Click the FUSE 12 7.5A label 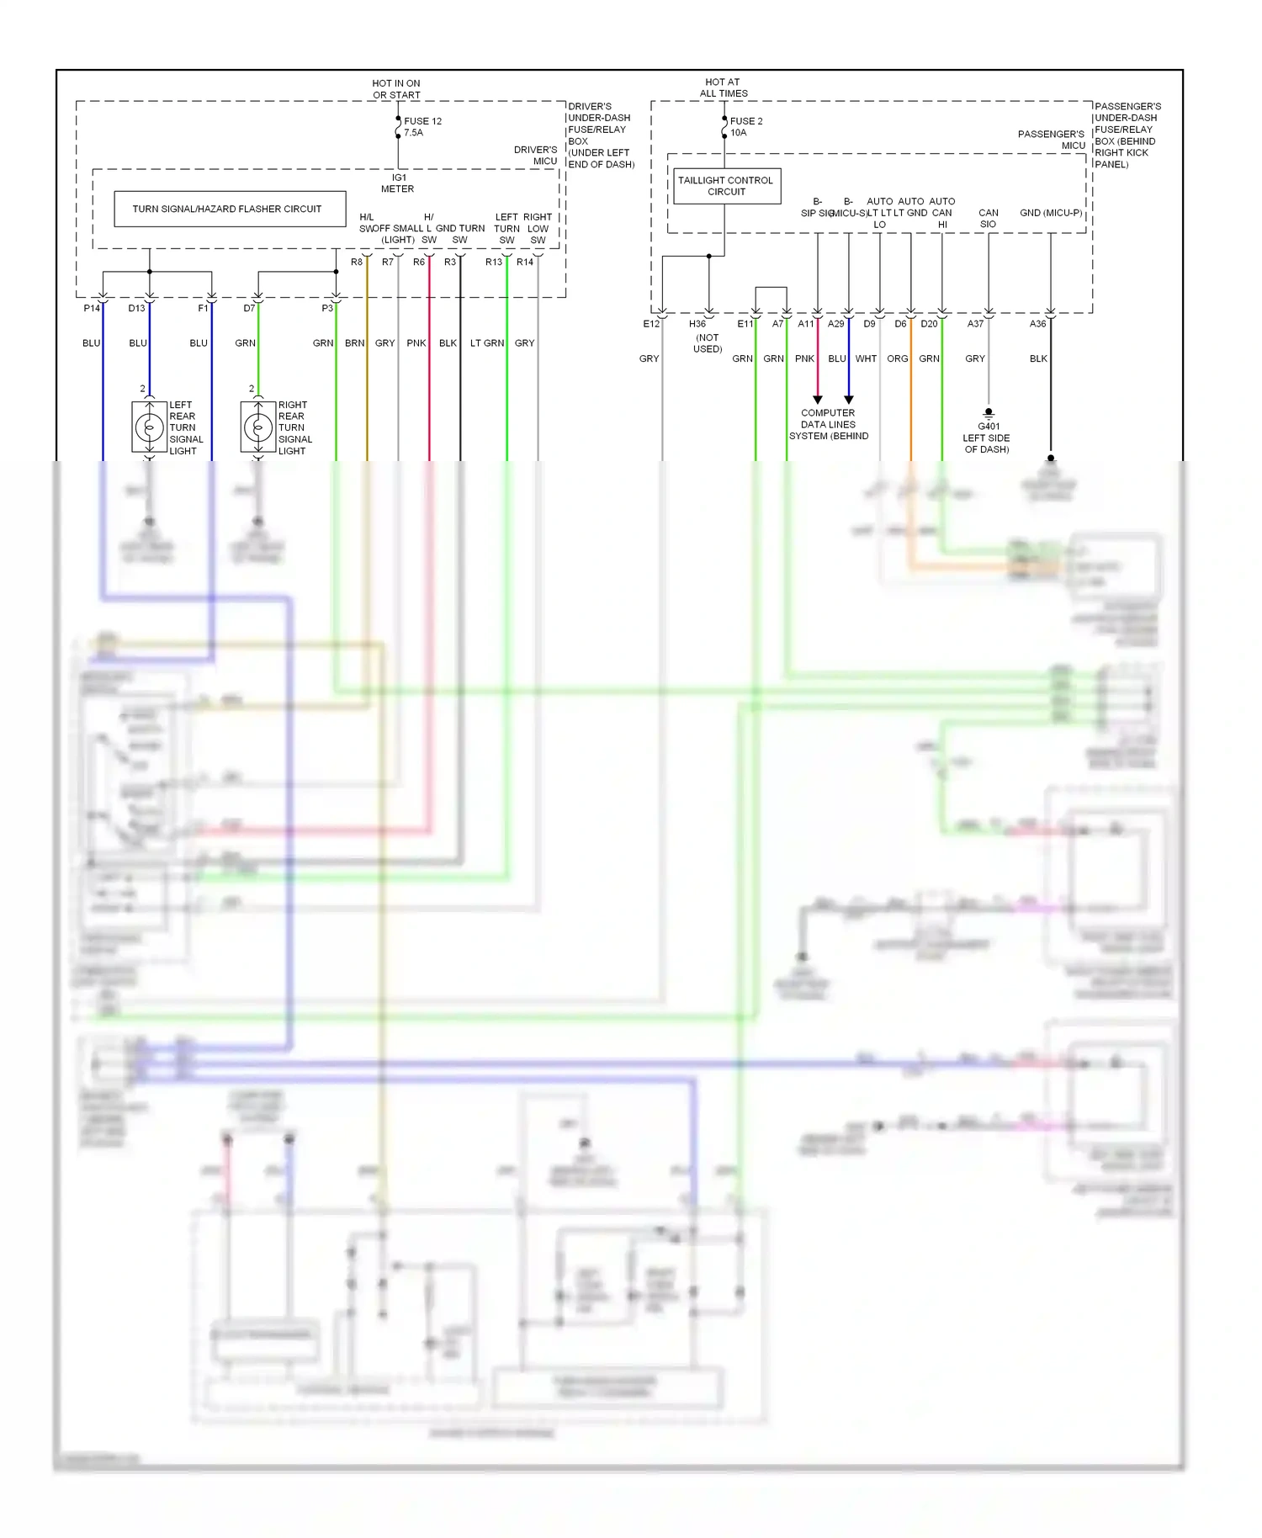click(x=422, y=126)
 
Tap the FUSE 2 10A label click(x=745, y=126)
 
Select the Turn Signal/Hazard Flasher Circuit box click(x=230, y=209)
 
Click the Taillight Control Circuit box click(x=726, y=186)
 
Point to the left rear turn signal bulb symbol click(x=150, y=427)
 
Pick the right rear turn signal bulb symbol click(x=258, y=427)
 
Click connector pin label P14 click(x=92, y=308)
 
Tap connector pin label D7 click(x=249, y=308)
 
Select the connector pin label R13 click(x=493, y=262)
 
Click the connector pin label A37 click(x=975, y=324)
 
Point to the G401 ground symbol click(x=989, y=413)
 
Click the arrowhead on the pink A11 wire click(x=817, y=400)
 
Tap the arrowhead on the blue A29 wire click(x=848, y=400)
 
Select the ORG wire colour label click(x=897, y=358)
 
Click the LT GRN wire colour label click(x=486, y=343)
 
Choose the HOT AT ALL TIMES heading click(x=723, y=88)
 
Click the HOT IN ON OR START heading click(x=396, y=88)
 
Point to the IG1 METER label click(x=398, y=183)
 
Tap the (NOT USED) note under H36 click(x=708, y=343)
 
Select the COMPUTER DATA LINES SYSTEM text click(x=828, y=424)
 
